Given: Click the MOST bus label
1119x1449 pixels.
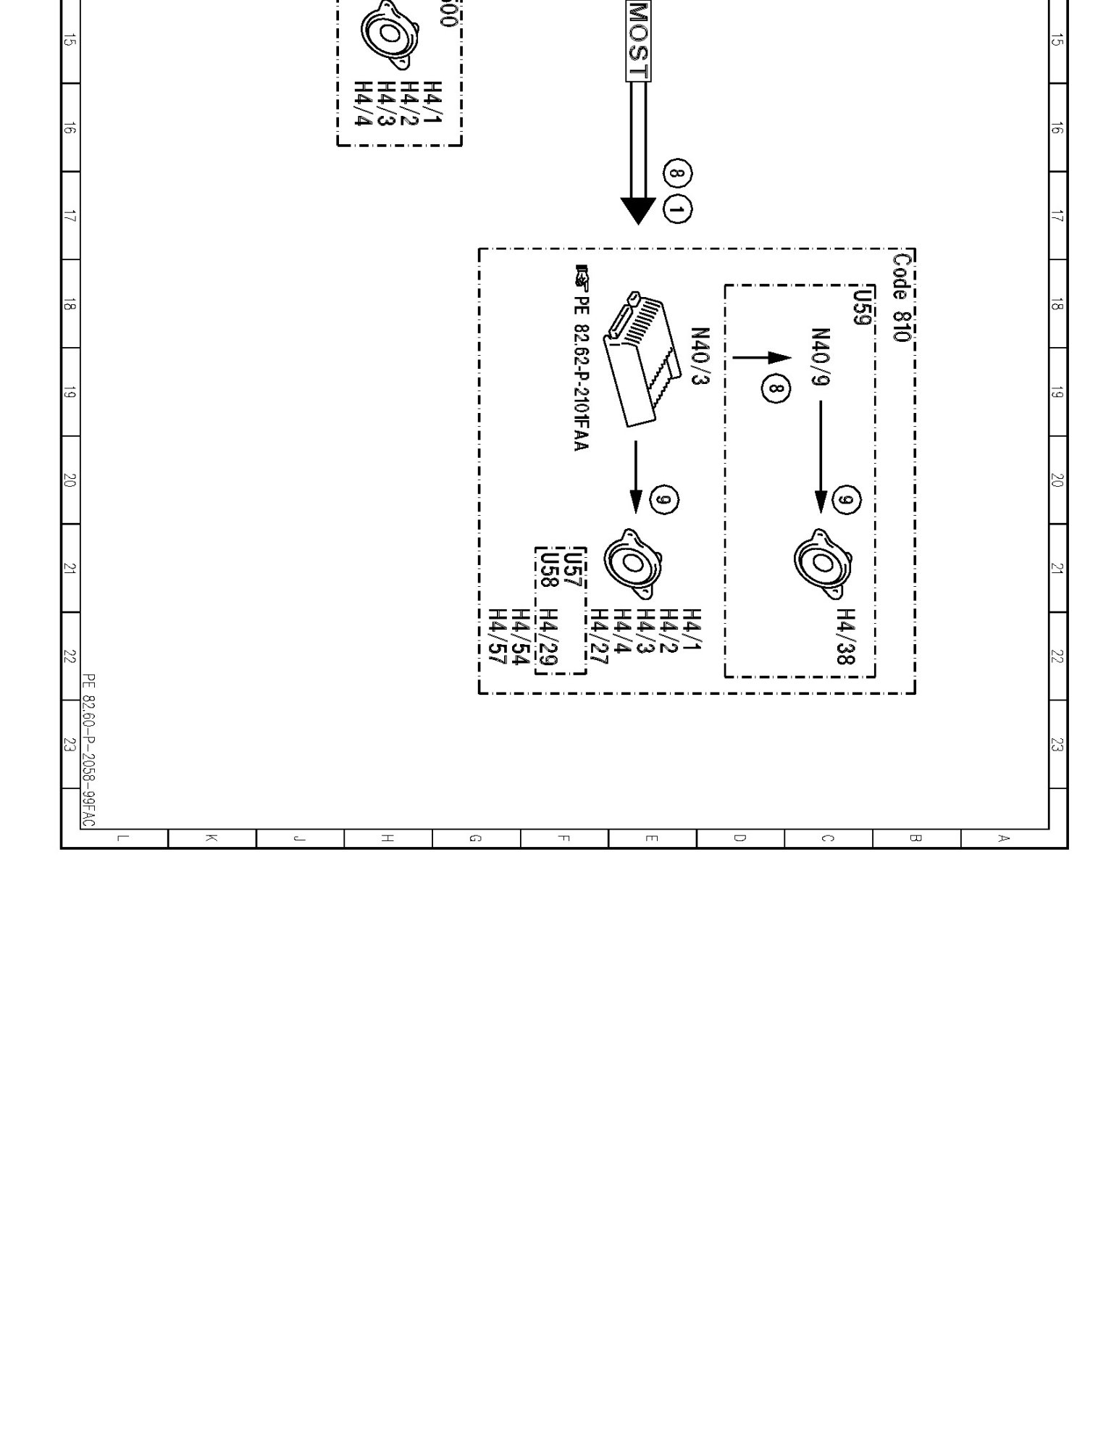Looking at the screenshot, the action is pos(638,40).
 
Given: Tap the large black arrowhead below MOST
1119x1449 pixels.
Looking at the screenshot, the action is pos(638,210).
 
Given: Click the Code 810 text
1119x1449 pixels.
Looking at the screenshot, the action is pos(902,297).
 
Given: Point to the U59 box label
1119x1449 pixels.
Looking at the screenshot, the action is pos(862,307).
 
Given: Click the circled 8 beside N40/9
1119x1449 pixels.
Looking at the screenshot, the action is pos(776,389).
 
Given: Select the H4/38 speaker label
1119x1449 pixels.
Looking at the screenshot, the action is pos(846,636).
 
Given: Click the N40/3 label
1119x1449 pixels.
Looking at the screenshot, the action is pos(700,356).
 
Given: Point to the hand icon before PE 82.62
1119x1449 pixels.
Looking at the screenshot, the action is pos(582,275).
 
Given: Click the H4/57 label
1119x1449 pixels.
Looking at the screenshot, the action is pos(498,636).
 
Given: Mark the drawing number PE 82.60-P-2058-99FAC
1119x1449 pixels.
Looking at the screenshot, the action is pos(88,750).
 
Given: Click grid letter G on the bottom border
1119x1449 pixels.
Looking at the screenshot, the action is pos(475,838).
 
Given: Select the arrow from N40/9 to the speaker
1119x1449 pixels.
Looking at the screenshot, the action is pos(821,456).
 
